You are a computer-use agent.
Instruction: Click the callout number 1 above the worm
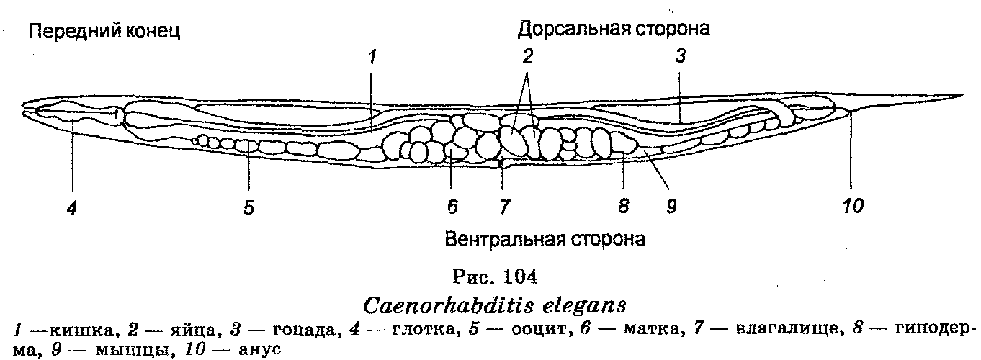(x=372, y=58)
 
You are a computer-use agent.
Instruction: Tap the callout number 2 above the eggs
(x=528, y=58)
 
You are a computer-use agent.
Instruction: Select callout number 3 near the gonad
(x=679, y=58)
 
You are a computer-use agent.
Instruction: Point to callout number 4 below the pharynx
(x=71, y=207)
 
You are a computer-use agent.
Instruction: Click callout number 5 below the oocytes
(x=248, y=207)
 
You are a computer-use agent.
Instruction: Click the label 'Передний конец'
(x=103, y=30)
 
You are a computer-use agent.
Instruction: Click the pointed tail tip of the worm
(x=962, y=95)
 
